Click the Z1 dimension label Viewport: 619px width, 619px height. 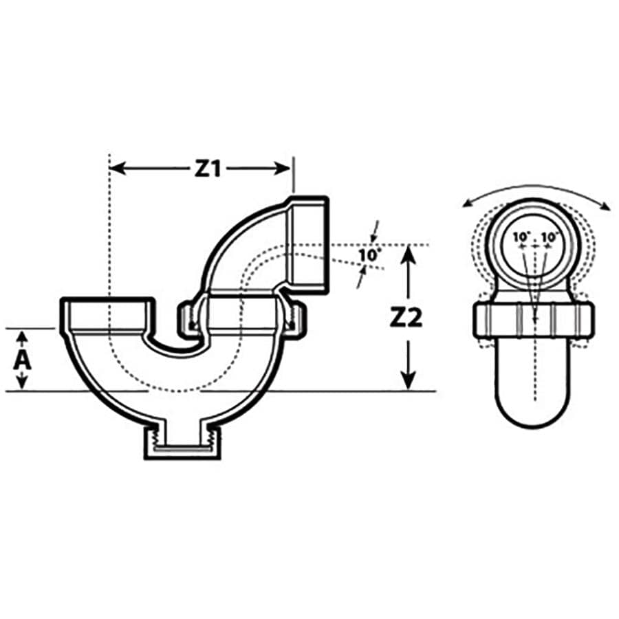click(207, 169)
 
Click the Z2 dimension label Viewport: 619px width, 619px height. click(409, 319)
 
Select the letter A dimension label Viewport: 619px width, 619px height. click(23, 360)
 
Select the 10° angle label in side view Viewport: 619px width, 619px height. click(369, 255)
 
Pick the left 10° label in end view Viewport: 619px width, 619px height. click(521, 237)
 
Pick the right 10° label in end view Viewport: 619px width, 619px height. click(549, 237)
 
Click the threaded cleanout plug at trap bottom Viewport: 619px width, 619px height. click(182, 444)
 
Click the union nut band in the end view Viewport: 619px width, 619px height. click(534, 318)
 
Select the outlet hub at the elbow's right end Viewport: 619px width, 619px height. click(308, 246)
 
